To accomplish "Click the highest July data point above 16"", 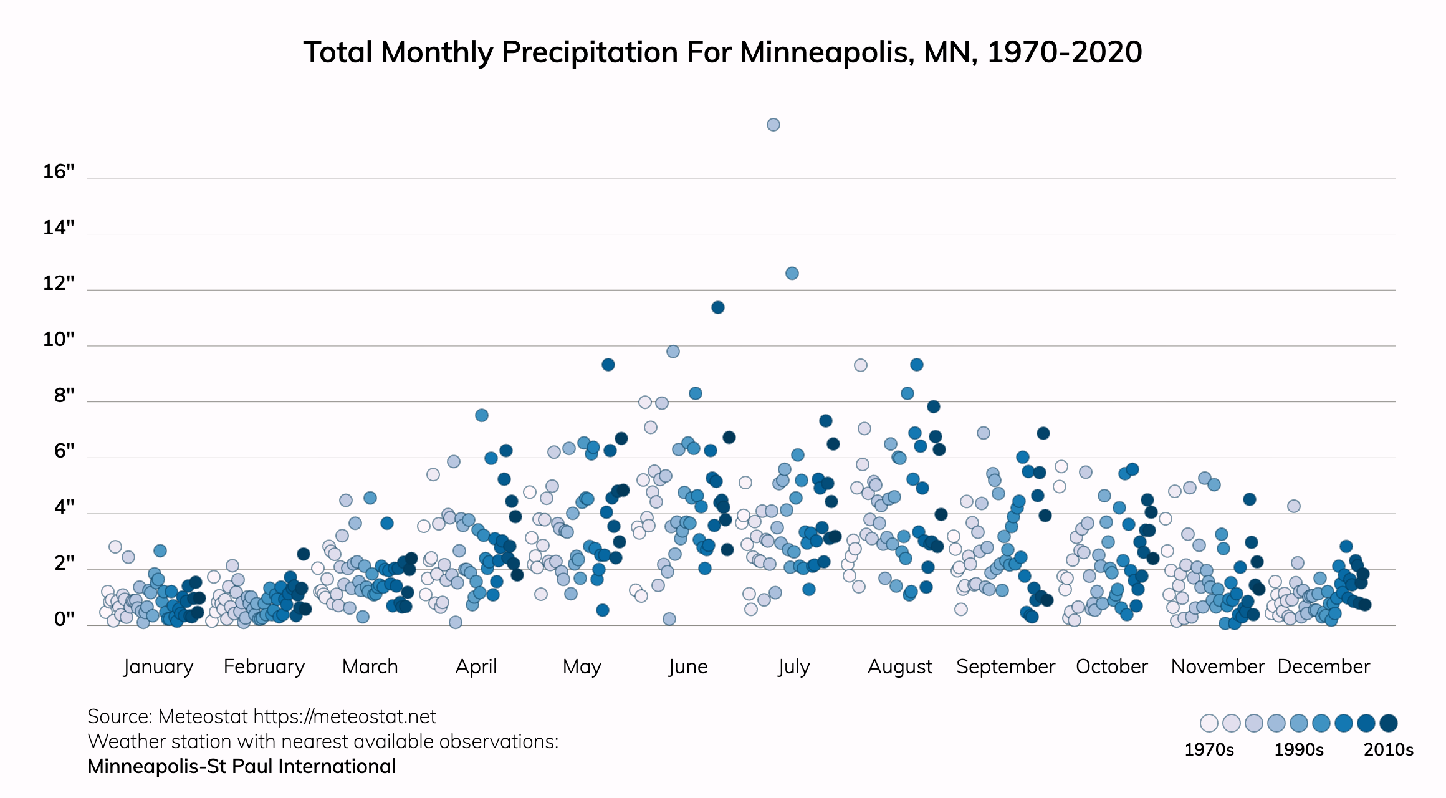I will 773,125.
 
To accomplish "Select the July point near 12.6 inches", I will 792,273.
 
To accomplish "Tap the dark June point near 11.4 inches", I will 717,307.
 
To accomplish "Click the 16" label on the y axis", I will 59,172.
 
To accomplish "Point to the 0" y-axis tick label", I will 64,619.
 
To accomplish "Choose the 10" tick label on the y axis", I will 59,340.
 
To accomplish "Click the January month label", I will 158,666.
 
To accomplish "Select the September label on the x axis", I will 1005,666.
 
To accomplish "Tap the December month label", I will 1323,666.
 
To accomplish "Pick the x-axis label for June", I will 688,666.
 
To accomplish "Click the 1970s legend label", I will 1209,749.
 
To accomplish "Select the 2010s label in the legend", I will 1388,749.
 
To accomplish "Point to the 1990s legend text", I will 1298,749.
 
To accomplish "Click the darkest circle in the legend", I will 1388,723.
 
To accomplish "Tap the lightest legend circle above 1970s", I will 1209,723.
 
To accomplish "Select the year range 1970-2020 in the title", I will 1065,52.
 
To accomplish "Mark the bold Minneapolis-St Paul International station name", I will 242,766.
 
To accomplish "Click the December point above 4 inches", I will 1293,506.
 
